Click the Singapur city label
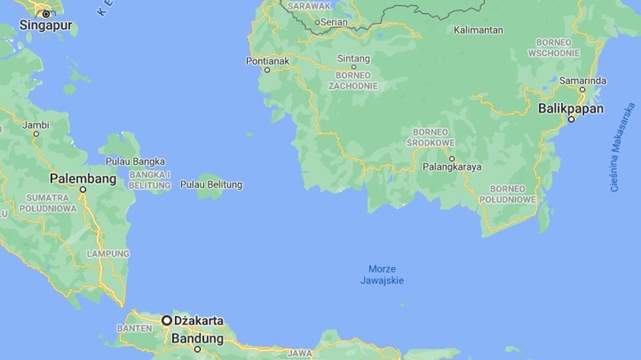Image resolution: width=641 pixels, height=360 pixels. coord(45,27)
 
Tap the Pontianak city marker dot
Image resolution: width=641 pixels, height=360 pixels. coord(267,69)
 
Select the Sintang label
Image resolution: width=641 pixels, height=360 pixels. coord(353,58)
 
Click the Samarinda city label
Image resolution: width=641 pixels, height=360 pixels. coord(582,81)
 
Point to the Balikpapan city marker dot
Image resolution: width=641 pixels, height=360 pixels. coord(571,120)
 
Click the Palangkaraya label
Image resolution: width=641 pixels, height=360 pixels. coord(451,167)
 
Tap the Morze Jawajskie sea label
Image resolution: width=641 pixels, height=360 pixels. coord(382,275)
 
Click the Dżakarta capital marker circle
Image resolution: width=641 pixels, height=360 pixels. coord(166,321)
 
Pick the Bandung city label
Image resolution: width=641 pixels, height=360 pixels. coord(197,339)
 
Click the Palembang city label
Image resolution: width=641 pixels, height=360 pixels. coord(83,179)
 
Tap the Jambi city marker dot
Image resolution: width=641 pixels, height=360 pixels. coord(36,134)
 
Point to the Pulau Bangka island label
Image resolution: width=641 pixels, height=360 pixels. coord(135,162)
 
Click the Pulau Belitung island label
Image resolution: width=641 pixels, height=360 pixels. coord(211,184)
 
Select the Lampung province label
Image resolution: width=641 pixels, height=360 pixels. coord(108,254)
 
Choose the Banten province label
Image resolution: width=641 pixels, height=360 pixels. coord(134,329)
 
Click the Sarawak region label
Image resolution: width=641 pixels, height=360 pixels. coord(309,6)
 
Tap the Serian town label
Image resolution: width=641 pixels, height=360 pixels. coord(334,21)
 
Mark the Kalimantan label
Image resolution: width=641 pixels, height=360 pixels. coord(478,30)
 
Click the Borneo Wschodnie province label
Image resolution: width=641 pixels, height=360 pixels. coord(554,47)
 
